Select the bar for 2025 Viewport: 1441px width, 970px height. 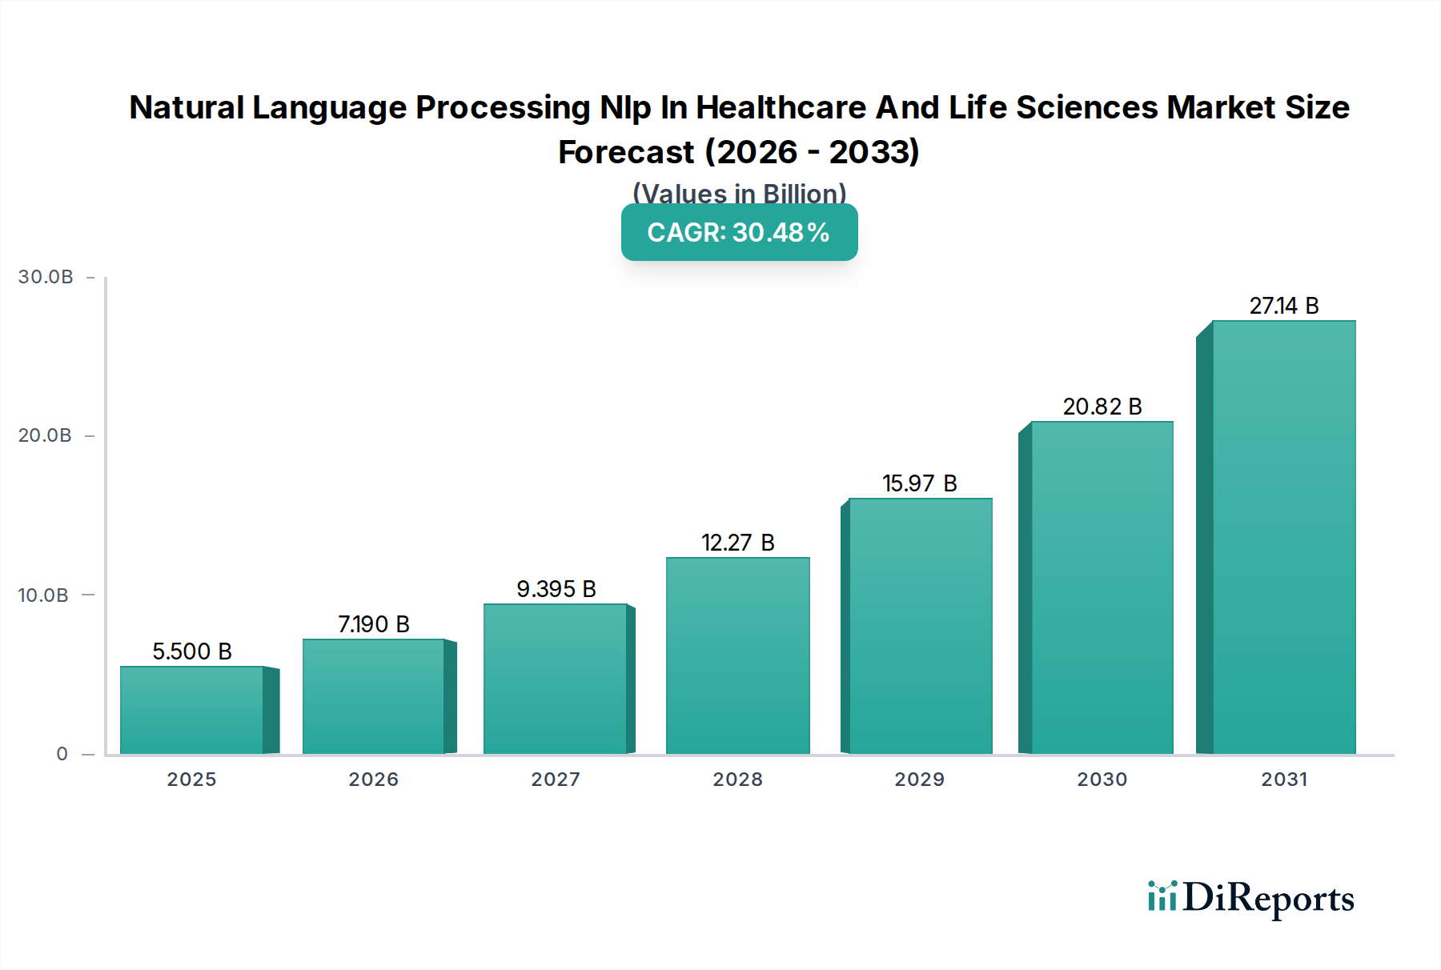(x=192, y=710)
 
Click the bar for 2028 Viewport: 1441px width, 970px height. (x=737, y=655)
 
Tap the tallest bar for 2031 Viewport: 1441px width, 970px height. (x=1283, y=537)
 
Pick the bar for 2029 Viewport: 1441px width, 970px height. (x=920, y=626)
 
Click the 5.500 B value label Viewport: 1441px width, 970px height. (x=192, y=651)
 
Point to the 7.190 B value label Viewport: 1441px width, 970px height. (x=374, y=624)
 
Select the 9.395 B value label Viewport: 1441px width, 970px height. (x=556, y=589)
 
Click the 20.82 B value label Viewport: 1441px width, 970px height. (x=1102, y=407)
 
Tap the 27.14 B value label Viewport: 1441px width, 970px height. (x=1284, y=306)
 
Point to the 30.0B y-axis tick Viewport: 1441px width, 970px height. (x=46, y=277)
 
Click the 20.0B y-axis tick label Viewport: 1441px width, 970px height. (x=45, y=435)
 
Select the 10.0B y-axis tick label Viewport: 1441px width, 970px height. (x=43, y=595)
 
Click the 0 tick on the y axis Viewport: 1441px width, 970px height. (x=62, y=754)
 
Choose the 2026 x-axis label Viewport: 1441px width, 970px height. (x=374, y=780)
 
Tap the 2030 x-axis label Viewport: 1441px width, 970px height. (x=1102, y=780)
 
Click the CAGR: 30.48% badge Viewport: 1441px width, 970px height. (x=739, y=232)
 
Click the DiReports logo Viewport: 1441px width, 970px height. (x=1250, y=898)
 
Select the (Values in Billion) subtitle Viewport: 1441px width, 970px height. (x=739, y=193)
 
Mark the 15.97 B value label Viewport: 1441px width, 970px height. (x=920, y=483)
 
